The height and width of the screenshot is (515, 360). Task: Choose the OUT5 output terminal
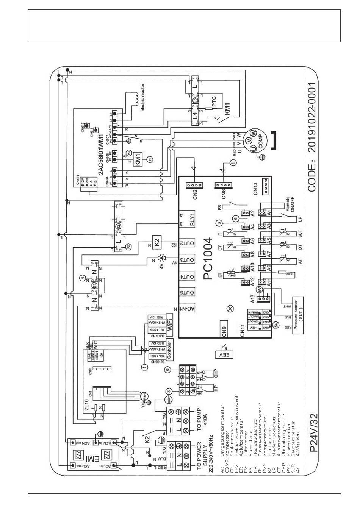[187, 292]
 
